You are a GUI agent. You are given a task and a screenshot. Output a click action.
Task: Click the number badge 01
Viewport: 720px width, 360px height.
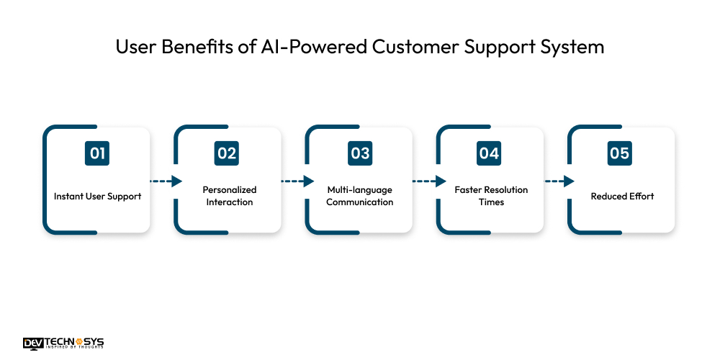pyautogui.click(x=96, y=153)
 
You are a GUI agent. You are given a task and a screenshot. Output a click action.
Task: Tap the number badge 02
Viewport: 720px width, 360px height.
pyautogui.click(x=227, y=153)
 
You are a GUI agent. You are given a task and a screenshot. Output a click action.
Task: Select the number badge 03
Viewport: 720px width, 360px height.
pyautogui.click(x=359, y=153)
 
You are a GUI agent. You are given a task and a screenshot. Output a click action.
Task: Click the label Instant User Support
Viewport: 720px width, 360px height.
pyautogui.click(x=97, y=196)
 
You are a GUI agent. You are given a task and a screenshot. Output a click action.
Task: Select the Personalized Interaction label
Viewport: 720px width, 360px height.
pyautogui.click(x=230, y=196)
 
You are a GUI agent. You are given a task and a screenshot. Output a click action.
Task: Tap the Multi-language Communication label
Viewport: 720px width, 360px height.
pyautogui.click(x=359, y=196)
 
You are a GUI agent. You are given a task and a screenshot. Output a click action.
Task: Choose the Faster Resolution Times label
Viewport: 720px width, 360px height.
pyautogui.click(x=491, y=196)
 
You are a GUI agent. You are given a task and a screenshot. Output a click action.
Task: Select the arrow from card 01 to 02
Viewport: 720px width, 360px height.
pyautogui.click(x=166, y=181)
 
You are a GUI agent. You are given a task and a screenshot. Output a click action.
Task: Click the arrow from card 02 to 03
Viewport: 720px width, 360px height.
pyautogui.click(x=297, y=181)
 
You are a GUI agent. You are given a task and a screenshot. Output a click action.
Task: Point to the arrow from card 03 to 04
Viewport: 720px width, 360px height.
pyautogui.click(x=428, y=181)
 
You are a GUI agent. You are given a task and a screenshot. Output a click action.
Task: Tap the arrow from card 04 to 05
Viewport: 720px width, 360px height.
pyautogui.click(x=559, y=181)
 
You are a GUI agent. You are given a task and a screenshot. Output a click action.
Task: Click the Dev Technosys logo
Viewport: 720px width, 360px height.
pyautogui.click(x=63, y=343)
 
